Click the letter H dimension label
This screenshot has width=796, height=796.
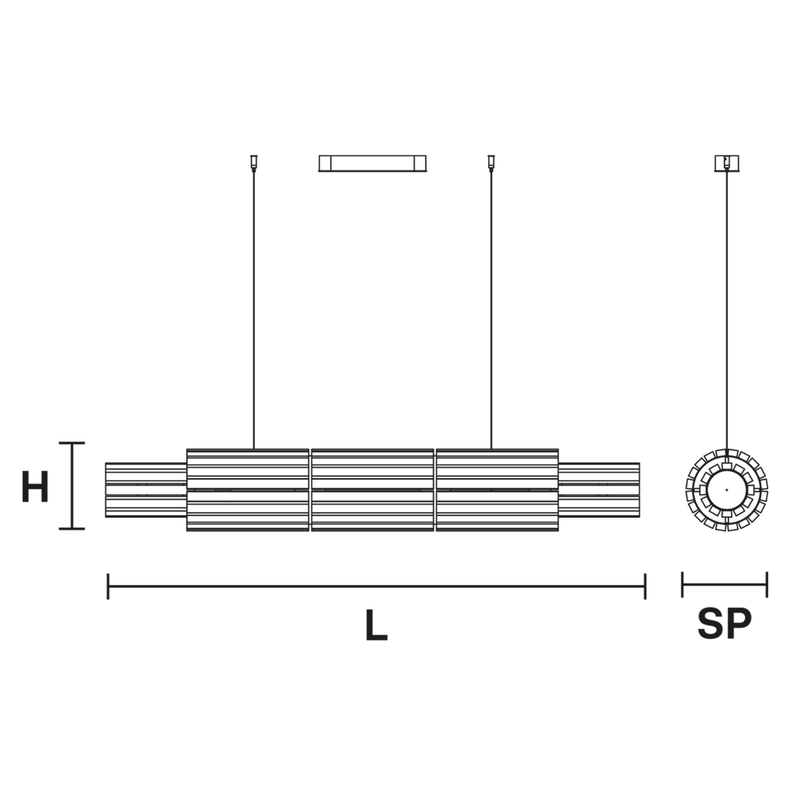pyautogui.click(x=35, y=487)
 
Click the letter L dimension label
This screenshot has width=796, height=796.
pyautogui.click(x=376, y=624)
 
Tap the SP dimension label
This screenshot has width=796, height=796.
pyautogui.click(x=724, y=623)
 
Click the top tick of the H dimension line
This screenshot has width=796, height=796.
pyautogui.click(x=72, y=443)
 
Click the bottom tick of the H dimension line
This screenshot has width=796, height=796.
pyautogui.click(x=72, y=529)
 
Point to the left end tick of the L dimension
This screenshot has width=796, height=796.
pyautogui.click(x=108, y=586)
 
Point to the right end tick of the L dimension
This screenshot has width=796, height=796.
pyautogui.click(x=645, y=586)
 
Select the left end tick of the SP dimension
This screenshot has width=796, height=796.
pyautogui.click(x=683, y=585)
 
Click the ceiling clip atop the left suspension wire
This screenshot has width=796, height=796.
pyautogui.click(x=254, y=163)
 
